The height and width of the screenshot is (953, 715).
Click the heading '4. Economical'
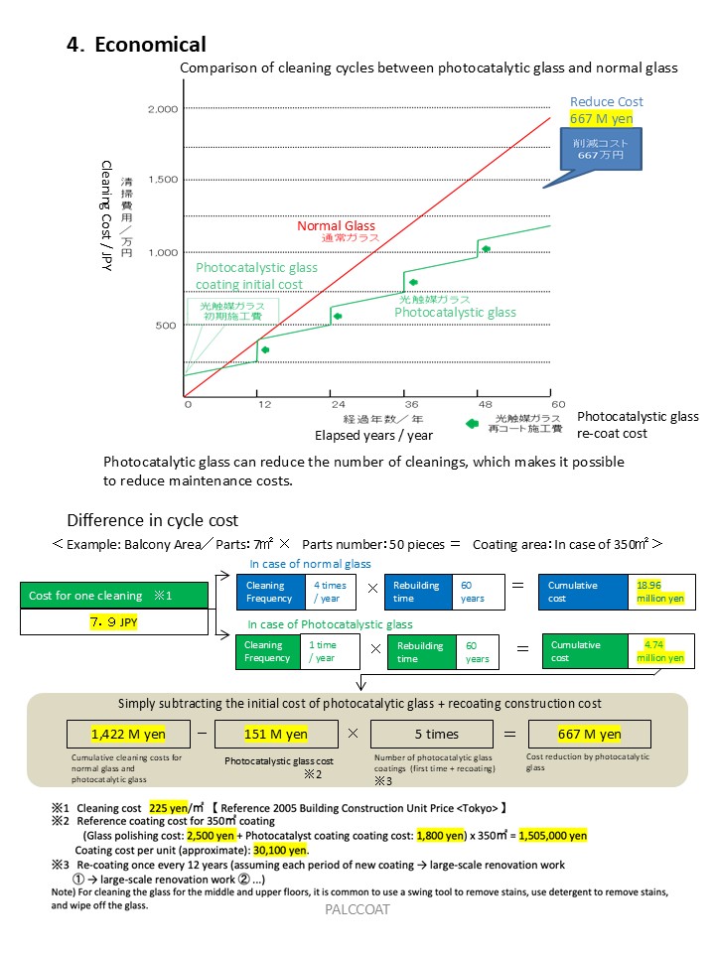click(136, 45)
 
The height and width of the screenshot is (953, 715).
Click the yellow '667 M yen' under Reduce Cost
click(601, 118)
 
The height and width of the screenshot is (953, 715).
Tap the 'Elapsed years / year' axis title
click(373, 435)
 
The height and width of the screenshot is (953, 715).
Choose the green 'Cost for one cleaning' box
click(114, 596)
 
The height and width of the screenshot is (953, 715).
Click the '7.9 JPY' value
click(114, 622)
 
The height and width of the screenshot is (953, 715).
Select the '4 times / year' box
click(332, 592)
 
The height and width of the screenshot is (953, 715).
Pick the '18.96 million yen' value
click(661, 592)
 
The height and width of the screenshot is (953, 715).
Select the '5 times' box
click(436, 735)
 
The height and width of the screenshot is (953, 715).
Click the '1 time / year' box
click(332, 651)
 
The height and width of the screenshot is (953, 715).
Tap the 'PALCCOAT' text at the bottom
click(357, 909)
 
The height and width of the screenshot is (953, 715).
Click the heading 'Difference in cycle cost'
click(152, 520)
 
